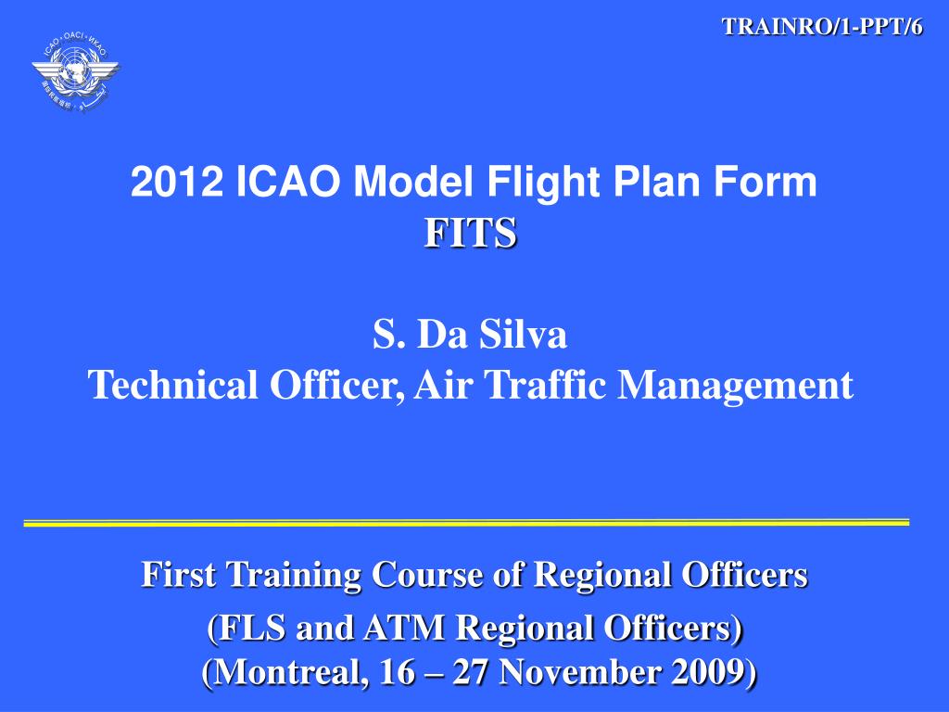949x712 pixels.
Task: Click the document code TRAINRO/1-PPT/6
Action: (x=822, y=27)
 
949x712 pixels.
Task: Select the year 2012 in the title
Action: (x=178, y=184)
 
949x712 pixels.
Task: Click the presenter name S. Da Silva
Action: (x=470, y=335)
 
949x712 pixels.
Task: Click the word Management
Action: (x=736, y=385)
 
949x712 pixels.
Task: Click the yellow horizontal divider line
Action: (x=466, y=523)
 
